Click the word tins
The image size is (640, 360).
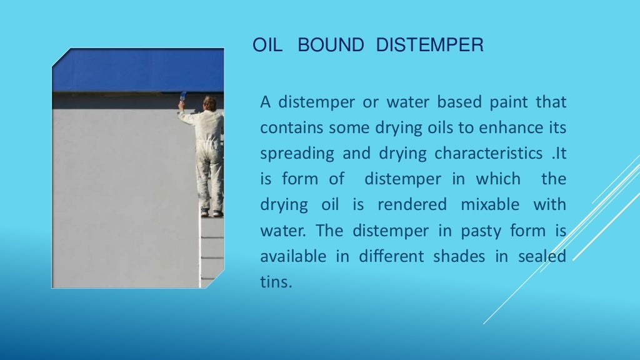[276, 282]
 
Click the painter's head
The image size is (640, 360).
[210, 103]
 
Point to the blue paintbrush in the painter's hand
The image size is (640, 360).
[182, 97]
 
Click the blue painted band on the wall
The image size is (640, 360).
[137, 70]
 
